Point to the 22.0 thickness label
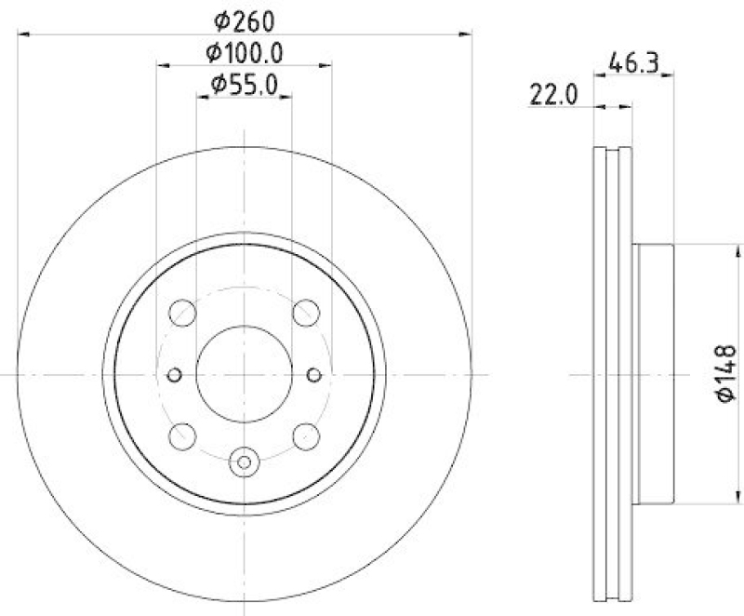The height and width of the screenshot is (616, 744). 554,94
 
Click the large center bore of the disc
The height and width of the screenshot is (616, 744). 244,373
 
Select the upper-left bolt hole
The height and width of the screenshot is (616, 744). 183,314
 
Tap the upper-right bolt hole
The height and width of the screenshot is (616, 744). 305,314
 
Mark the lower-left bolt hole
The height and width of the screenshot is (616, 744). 183,435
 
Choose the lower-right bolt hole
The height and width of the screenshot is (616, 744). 305,435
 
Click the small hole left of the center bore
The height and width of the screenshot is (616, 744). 174,374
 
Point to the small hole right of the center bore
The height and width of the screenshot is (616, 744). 313,374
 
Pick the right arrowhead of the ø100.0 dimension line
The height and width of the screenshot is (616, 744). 327,66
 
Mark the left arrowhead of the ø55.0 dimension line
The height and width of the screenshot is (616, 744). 201,99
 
